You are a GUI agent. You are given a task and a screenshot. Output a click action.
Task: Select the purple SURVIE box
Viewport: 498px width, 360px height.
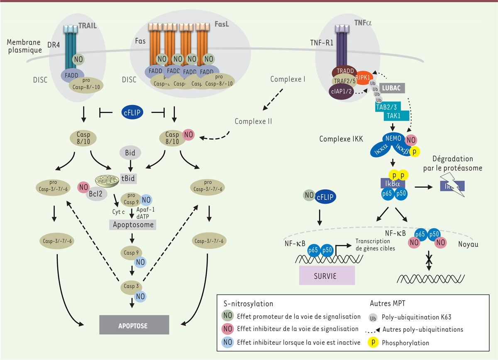coord(327,275)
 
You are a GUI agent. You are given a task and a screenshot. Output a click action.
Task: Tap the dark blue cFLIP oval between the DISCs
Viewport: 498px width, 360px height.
coord(134,112)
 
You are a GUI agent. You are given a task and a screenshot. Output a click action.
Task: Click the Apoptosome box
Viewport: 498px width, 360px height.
coord(132,225)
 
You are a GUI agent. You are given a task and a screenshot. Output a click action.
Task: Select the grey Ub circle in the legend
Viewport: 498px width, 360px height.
coord(373,317)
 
